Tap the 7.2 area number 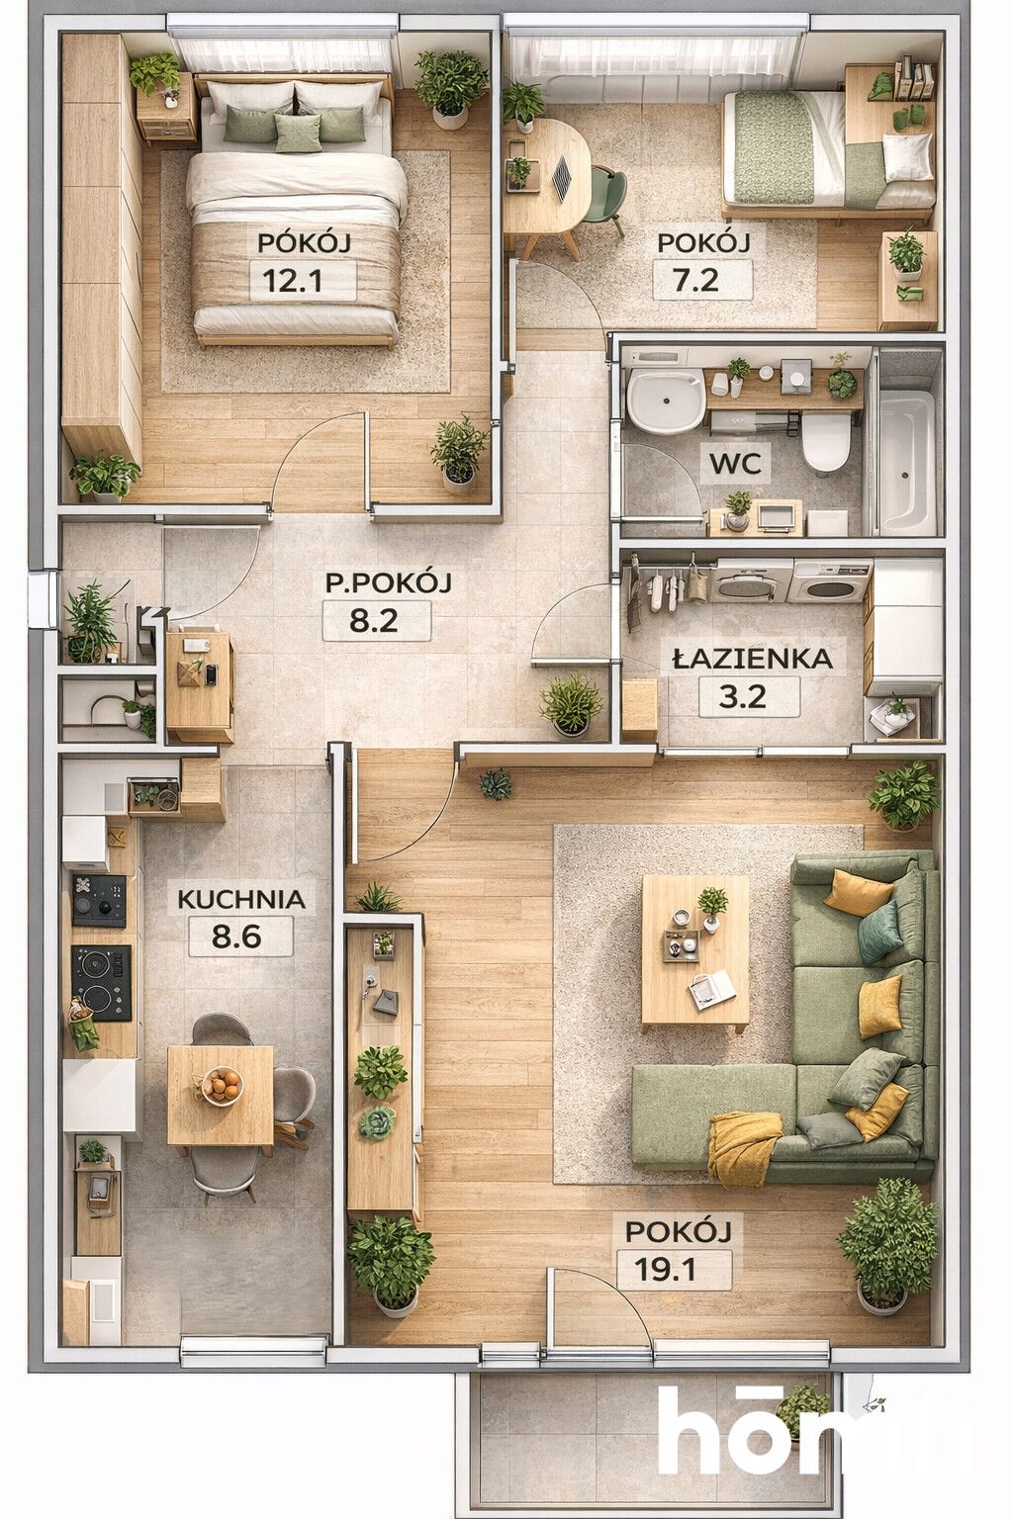tap(695, 280)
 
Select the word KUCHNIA tap(240, 900)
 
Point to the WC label tap(735, 464)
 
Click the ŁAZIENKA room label tap(753, 659)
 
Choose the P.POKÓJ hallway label tap(388, 583)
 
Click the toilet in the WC tap(825, 441)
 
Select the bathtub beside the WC tap(906, 461)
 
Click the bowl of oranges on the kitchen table tap(222, 1087)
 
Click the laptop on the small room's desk tap(564, 178)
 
